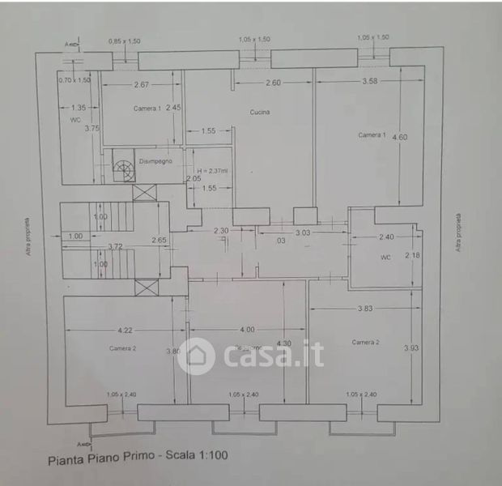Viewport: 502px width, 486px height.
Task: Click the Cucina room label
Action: (260, 113)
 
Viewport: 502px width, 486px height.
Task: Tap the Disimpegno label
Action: (156, 160)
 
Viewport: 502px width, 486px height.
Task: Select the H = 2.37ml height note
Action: (213, 171)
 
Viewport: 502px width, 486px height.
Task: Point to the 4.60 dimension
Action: (400, 137)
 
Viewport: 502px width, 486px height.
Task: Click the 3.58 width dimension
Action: (371, 81)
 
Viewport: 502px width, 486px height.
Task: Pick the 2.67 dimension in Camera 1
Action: (142, 85)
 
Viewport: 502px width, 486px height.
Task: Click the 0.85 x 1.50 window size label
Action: (125, 40)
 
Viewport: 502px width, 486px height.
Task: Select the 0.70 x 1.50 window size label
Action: (74, 80)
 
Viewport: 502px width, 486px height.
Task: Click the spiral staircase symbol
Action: (123, 168)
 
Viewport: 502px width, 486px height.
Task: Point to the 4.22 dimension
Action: (124, 330)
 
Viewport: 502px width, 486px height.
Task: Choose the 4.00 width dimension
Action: (247, 330)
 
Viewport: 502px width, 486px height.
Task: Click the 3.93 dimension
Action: (411, 348)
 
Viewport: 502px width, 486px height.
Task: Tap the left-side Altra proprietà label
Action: (30, 235)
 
